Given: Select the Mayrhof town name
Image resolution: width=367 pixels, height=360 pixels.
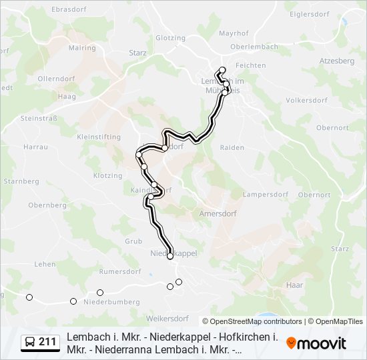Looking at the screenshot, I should point(234,32).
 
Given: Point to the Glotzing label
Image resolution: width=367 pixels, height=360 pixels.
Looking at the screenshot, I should point(170,38).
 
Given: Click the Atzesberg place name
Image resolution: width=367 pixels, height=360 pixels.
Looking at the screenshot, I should point(337,60).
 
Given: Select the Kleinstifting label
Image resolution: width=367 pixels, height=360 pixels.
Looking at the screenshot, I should point(99,137).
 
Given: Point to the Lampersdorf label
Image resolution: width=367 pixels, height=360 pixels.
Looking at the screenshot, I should point(265,195).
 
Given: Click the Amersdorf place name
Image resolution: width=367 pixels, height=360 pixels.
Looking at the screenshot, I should point(218,214).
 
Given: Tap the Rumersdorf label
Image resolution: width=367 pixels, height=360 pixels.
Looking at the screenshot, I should point(118,271).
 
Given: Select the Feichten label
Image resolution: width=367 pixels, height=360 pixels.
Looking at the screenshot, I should point(251,65).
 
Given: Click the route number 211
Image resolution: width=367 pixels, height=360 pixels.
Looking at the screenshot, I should point(47,342).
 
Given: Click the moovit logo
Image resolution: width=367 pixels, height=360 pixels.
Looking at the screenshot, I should point(316,343).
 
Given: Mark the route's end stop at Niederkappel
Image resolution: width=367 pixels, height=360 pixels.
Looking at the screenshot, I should point(170,255).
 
